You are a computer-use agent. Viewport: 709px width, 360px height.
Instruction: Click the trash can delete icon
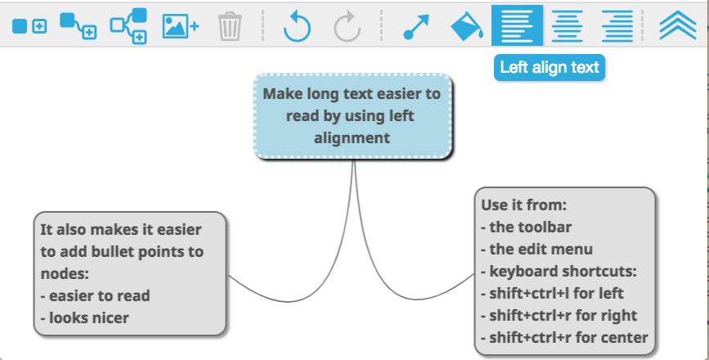pos(230,26)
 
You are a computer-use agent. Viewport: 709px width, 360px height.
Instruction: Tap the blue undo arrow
pos(297,27)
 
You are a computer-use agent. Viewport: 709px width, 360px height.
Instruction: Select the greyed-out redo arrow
pos(348,27)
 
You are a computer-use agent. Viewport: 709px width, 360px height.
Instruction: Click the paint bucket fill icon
pos(467,26)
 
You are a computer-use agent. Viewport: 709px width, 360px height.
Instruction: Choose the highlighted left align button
pos(518,26)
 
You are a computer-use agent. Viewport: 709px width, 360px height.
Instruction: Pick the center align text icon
pos(567,26)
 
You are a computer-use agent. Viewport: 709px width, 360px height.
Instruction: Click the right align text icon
pos(617,26)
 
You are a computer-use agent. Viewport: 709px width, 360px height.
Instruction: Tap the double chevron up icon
pos(678,25)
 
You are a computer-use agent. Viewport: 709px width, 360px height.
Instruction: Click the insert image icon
pos(181,26)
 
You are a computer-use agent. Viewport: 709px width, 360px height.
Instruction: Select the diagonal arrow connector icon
pos(416,27)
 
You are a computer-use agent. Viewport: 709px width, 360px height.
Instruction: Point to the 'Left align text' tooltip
pos(550,68)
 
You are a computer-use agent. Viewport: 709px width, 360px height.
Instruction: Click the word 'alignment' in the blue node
pos(352,138)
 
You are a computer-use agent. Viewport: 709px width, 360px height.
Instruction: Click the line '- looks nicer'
pos(84,318)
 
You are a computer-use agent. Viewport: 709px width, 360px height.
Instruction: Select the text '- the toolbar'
pos(527,227)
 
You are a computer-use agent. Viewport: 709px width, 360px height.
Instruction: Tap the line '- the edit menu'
pos(536,250)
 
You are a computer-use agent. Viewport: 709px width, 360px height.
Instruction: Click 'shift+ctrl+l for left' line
pos(552,294)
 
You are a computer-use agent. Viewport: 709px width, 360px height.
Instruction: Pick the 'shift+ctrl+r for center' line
pos(564,338)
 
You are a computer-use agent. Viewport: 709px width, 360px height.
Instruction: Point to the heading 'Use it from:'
pos(523,205)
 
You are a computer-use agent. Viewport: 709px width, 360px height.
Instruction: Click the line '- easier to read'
pos(95,296)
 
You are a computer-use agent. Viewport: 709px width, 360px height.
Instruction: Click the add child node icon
pos(78,26)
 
